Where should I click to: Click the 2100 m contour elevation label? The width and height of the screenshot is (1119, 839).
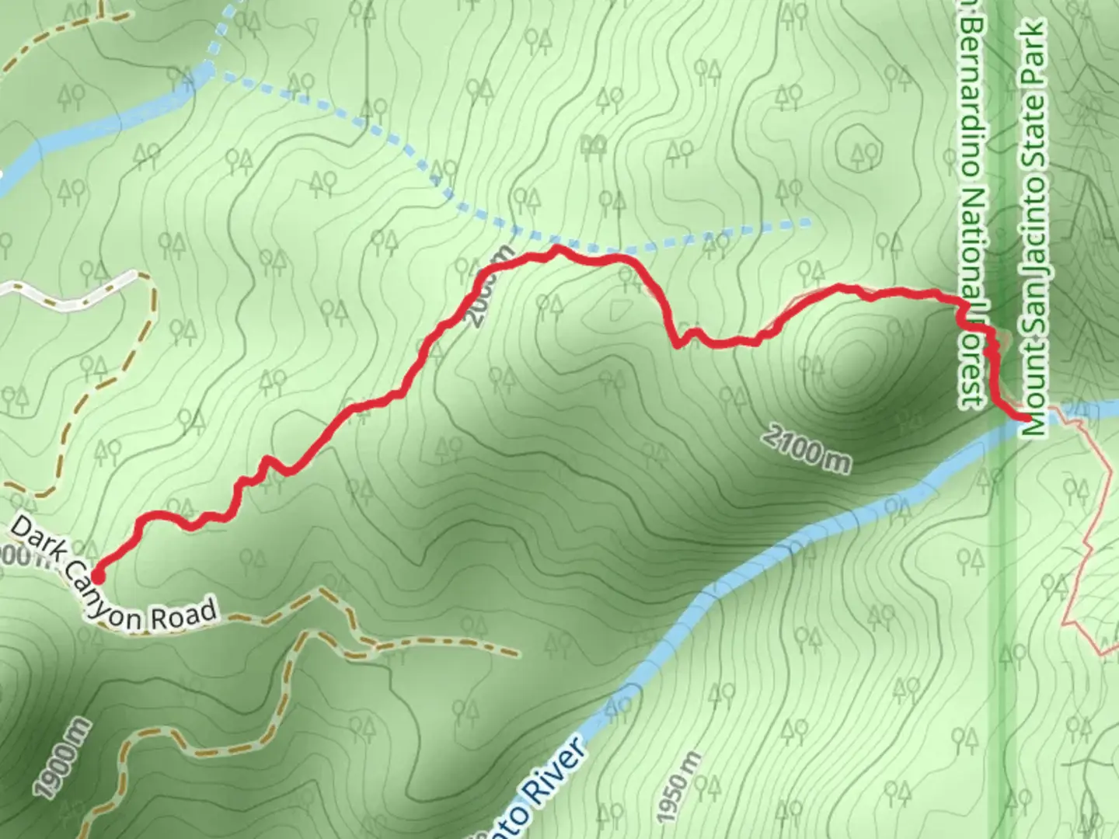[806, 448]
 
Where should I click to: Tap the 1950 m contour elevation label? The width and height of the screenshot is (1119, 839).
[679, 786]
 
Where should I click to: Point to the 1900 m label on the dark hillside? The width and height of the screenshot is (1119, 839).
[62, 760]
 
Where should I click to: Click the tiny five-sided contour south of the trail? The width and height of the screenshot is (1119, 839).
[619, 311]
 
